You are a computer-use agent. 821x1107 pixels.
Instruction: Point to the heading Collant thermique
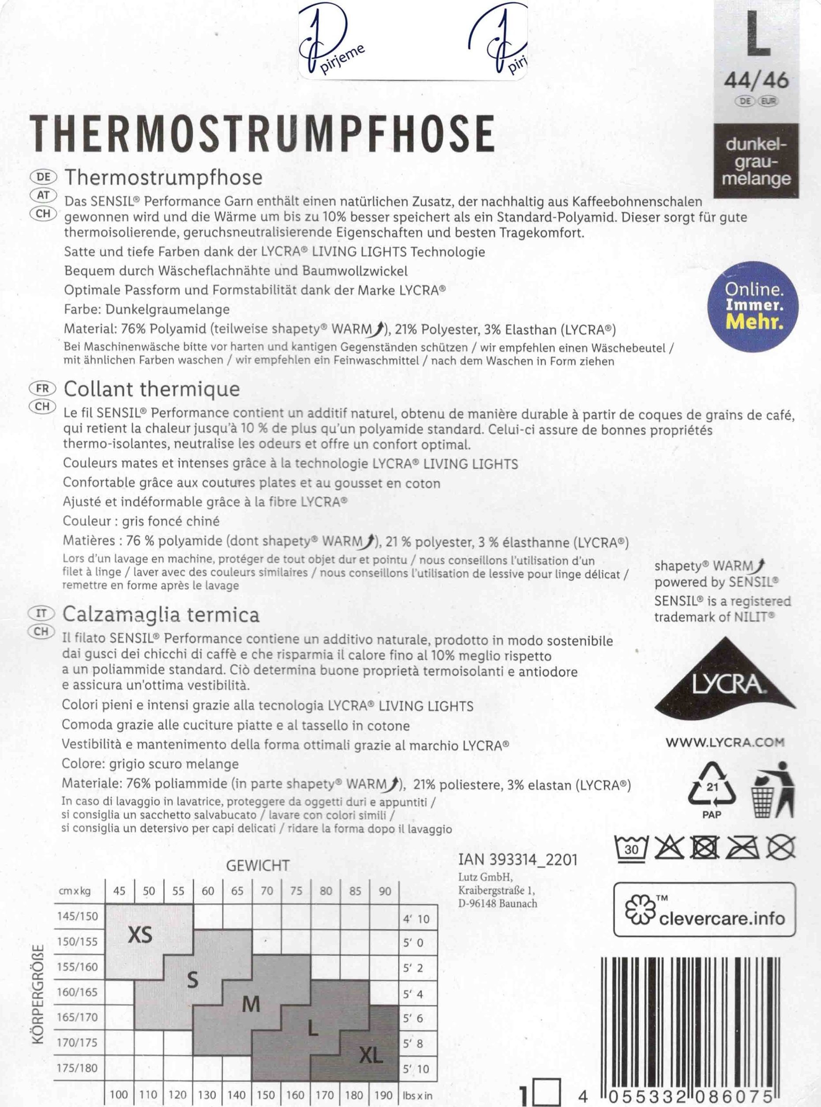152,389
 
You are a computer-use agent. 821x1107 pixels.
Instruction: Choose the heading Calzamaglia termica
161,615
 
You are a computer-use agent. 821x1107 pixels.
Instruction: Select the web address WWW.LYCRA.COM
724,743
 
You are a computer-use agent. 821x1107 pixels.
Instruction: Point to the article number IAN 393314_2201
517,859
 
